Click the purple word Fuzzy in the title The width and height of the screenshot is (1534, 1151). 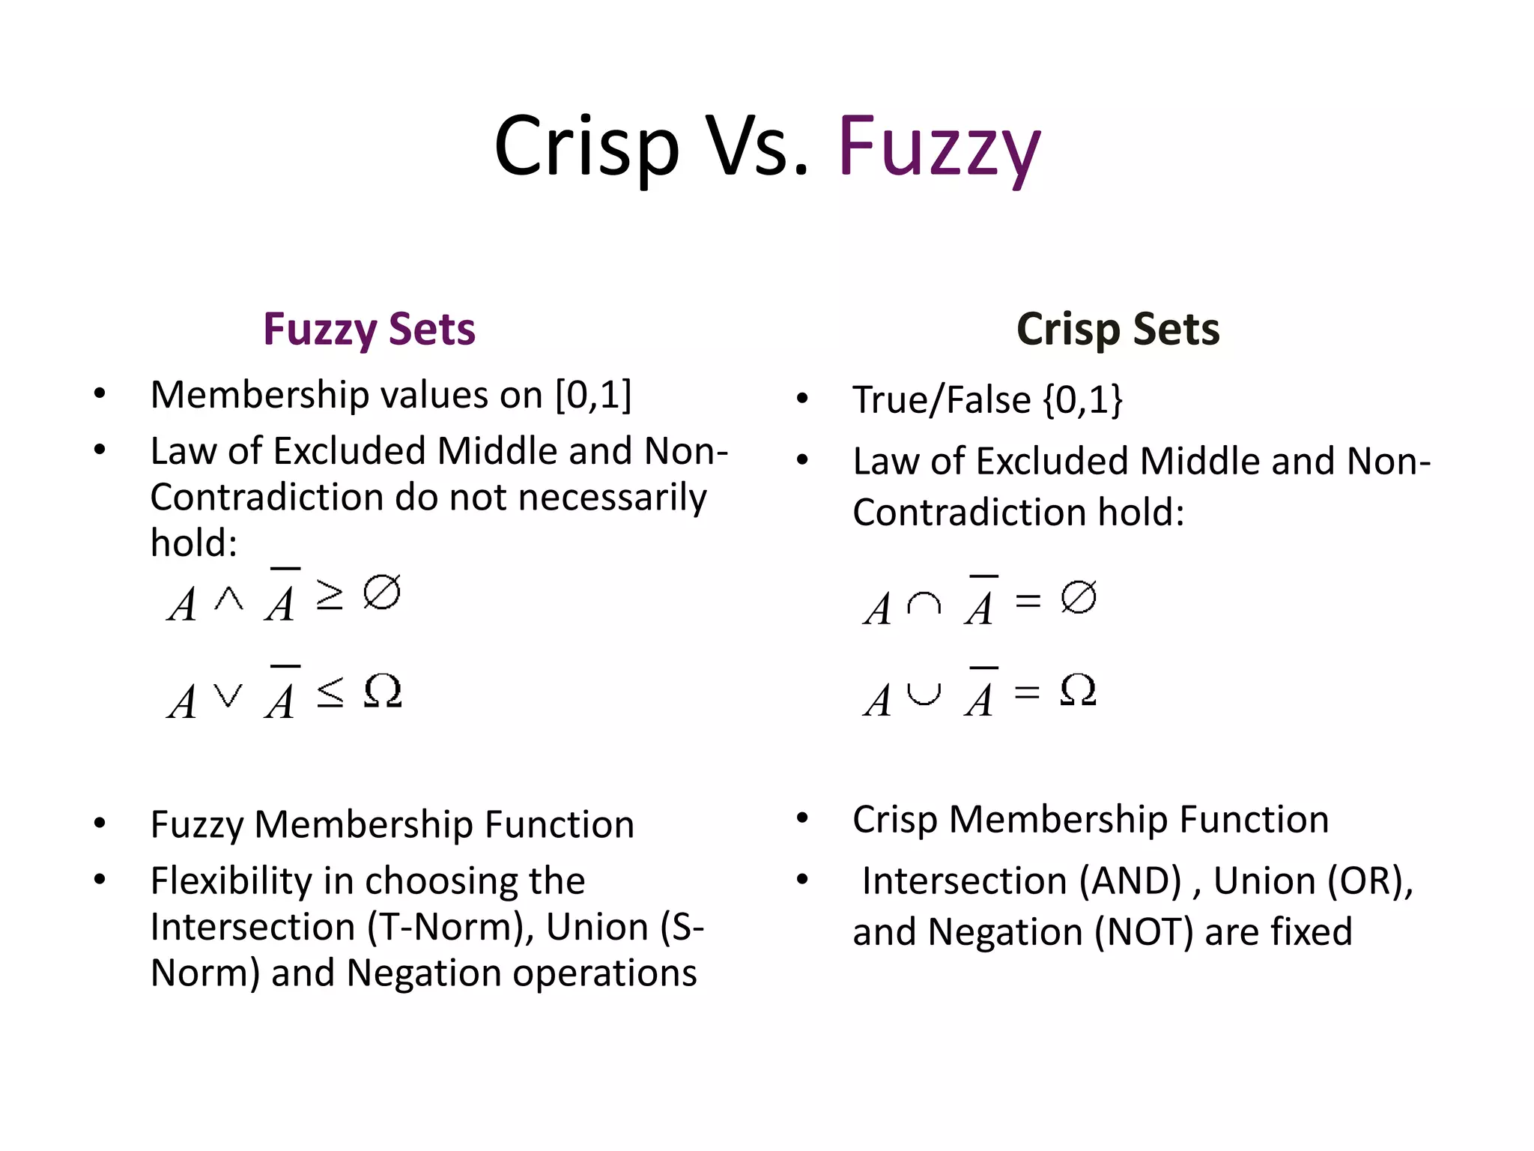pyautogui.click(x=939, y=147)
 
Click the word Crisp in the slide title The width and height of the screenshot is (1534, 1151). pyautogui.click(x=586, y=147)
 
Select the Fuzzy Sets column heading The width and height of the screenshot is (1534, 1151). pyautogui.click(x=369, y=329)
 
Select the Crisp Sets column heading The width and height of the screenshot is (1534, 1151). pyautogui.click(x=1118, y=329)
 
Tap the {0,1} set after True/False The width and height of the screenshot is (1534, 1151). pyautogui.click(x=1083, y=399)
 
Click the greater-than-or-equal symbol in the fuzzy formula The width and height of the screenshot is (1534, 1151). pyautogui.click(x=330, y=594)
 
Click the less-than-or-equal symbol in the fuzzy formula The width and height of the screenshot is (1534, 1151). pyautogui.click(x=330, y=691)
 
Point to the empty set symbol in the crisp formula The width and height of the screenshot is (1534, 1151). pyautogui.click(x=1079, y=597)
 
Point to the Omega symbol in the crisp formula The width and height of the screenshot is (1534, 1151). pyautogui.click(x=1079, y=689)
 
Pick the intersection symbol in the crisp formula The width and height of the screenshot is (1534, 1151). pyautogui.click(x=924, y=603)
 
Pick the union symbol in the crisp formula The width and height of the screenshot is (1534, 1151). pyautogui.click(x=924, y=695)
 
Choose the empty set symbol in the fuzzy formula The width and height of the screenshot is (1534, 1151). pyautogui.click(x=382, y=592)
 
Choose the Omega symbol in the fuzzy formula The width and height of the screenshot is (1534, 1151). pyautogui.click(x=383, y=690)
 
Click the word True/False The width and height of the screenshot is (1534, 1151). pyautogui.click(x=942, y=399)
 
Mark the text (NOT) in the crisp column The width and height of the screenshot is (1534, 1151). pyautogui.click(x=1144, y=932)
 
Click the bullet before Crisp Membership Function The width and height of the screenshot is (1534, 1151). pyautogui.click(x=802, y=818)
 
